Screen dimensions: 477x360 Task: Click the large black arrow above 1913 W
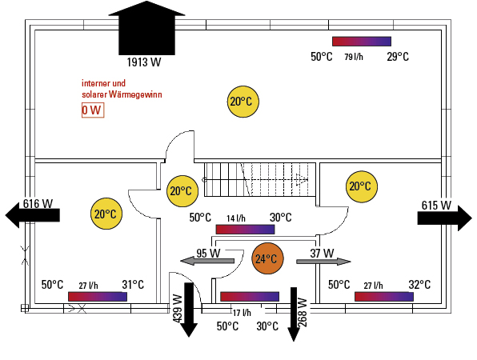pos(146,28)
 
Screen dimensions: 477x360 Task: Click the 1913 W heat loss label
pos(144,62)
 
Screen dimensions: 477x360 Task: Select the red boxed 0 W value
pos(93,110)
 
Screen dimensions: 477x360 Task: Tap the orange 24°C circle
pos(267,258)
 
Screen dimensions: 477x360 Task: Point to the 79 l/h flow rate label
pos(354,57)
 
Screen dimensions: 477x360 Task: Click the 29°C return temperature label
pos(398,57)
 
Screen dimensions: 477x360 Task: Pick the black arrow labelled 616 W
pos(33,215)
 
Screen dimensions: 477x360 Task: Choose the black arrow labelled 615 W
pos(444,218)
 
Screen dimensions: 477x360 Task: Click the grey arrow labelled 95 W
pos(207,261)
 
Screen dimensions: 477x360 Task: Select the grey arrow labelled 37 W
pos(323,261)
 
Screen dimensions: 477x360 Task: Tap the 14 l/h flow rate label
pos(236,218)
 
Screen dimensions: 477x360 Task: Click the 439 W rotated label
pos(178,308)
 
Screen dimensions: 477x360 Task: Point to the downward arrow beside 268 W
pos(294,314)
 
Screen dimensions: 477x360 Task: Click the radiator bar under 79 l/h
pos(362,42)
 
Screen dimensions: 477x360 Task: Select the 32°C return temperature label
pos(419,285)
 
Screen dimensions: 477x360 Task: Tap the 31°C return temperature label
pos(133,285)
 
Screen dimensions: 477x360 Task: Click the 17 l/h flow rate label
pos(242,313)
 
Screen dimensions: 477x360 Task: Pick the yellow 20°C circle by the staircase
pos(182,191)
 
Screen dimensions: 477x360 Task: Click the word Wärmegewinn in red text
pos(135,94)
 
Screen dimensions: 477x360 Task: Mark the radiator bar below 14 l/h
pos(245,230)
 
